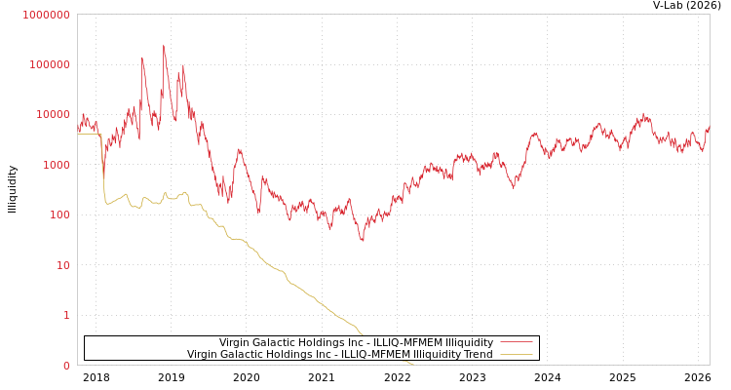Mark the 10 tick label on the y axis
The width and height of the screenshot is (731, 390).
(60, 265)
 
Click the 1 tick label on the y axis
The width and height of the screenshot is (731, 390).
(66, 315)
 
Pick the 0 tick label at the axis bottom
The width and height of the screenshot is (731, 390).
(66, 366)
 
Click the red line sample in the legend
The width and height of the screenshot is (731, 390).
(516, 343)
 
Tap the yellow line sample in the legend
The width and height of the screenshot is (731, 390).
(516, 355)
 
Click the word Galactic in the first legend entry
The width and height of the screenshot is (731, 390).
(277, 343)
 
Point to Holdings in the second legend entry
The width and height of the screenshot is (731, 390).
(291, 355)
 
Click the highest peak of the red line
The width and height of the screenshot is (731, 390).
(164, 45)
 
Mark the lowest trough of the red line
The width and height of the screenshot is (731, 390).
(363, 240)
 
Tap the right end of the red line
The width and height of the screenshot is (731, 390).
(709, 127)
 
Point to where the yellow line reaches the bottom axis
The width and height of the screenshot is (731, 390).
(413, 364)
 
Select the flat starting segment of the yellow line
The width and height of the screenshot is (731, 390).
(89, 134)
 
